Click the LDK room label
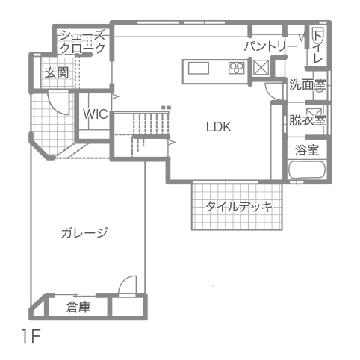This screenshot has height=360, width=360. pyautogui.click(x=219, y=127)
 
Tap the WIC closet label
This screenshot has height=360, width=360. pyautogui.click(x=96, y=114)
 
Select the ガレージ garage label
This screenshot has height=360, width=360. pyautogui.click(x=84, y=233)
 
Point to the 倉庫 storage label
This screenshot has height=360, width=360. pyautogui.click(x=78, y=307)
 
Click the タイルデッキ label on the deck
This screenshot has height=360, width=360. pyautogui.click(x=238, y=207)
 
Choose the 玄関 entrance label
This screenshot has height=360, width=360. pyautogui.click(x=57, y=72)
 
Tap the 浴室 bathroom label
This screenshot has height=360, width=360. pyautogui.click(x=307, y=150)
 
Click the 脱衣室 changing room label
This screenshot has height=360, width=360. pyautogui.click(x=307, y=120)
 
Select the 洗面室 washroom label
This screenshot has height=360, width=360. pyautogui.click(x=307, y=84)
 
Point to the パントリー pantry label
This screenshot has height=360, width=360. pyautogui.click(x=271, y=46)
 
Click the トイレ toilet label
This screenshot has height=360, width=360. pyautogui.click(x=317, y=47)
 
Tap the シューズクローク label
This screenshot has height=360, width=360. pyautogui.click(x=83, y=41)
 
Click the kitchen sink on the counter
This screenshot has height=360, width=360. pyautogui.click(x=199, y=68)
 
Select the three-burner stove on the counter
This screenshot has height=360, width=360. pyautogui.click(x=237, y=68)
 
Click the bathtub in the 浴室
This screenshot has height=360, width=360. pyautogui.click(x=307, y=170)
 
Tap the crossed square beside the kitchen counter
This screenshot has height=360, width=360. pyautogui.click(x=261, y=67)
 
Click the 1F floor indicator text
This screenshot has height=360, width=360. pyautogui.click(x=31, y=336)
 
